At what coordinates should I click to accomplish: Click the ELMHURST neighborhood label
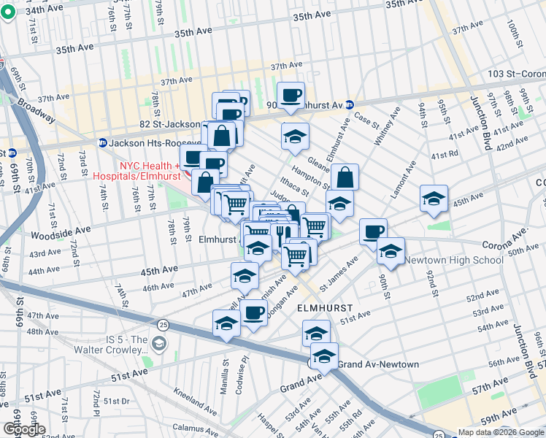pos(325,309)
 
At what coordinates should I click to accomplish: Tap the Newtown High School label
pos(454,260)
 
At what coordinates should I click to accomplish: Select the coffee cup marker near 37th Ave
pos(291,95)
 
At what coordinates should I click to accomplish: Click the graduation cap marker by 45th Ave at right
pos(434,199)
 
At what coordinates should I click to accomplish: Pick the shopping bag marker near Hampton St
pos(345,177)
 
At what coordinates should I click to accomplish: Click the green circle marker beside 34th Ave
pos(8,12)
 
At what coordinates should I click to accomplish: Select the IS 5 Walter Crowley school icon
pos(160,343)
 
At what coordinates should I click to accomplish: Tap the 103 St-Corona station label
pos(516,74)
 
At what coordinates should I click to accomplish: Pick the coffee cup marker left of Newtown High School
pos(373,231)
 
